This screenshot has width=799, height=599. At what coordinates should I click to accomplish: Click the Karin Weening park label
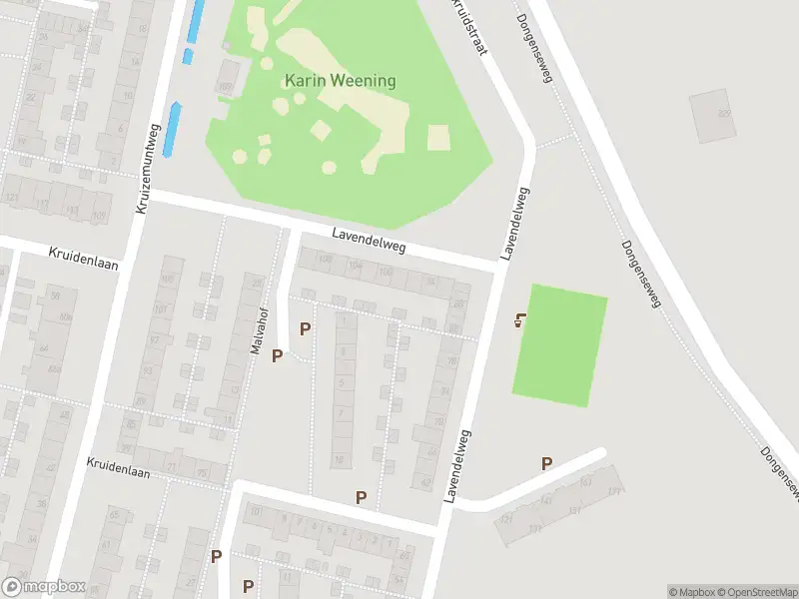click(340, 81)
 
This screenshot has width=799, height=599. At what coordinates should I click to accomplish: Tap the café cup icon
click(519, 320)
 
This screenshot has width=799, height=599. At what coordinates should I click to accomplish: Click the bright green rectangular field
click(559, 344)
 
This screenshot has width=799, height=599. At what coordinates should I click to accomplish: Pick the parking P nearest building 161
click(546, 463)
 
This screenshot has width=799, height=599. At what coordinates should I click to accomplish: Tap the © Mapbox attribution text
click(692, 592)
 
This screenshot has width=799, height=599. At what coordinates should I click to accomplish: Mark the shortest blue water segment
click(187, 57)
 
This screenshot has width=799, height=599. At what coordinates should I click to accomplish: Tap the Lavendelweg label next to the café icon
click(515, 224)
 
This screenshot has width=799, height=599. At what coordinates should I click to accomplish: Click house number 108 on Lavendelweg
click(325, 261)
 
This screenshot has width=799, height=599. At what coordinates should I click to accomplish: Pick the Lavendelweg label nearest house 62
click(456, 464)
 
